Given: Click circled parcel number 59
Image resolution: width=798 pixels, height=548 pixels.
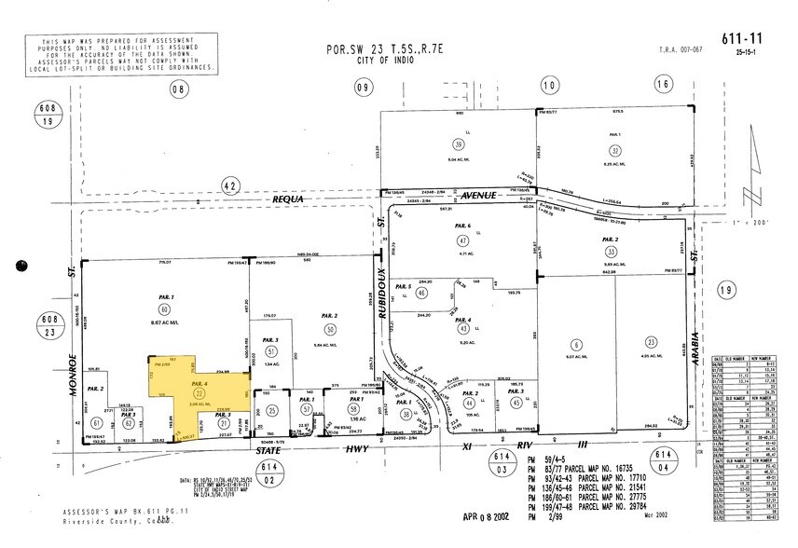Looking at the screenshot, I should [x=459, y=144].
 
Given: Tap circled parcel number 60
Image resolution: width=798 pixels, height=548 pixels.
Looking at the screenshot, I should [x=164, y=308].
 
